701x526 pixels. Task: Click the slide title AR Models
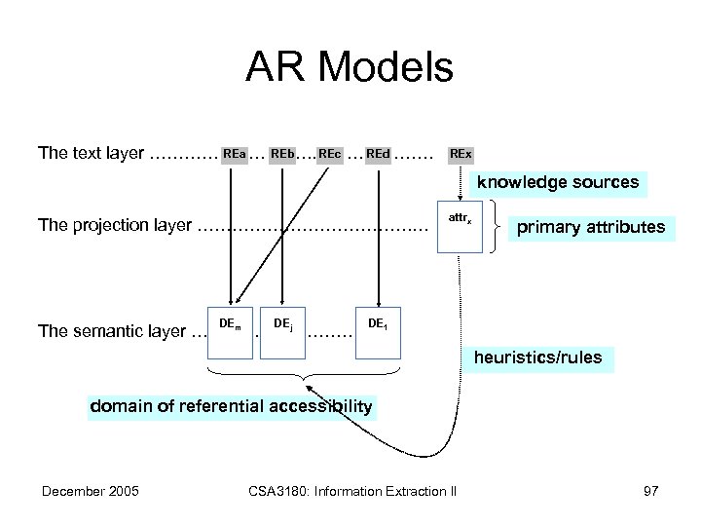pos(350,68)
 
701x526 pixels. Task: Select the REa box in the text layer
pos(234,153)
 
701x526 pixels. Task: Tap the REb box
pos(282,153)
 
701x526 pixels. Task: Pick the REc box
pos(329,153)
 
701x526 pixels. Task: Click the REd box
pos(378,153)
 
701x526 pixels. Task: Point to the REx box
pos(460,153)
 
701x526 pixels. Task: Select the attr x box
pos(460,229)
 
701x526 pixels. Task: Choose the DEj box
pos(282,331)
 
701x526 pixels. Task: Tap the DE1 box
pos(378,331)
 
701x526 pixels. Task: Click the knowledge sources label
pos(557,182)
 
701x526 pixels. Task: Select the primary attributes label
pos(591,228)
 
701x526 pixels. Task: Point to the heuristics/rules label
pos(537,357)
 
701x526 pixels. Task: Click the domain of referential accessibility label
pos(231,406)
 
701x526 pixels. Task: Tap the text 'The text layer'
pos(91,153)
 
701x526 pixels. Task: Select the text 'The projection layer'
pos(114,226)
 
